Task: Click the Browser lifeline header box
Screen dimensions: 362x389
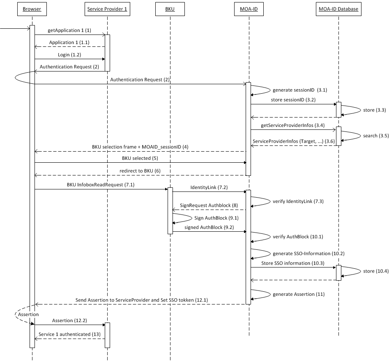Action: pos(32,9)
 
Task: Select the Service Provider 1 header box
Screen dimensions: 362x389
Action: pos(107,9)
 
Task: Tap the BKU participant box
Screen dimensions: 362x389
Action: pos(170,9)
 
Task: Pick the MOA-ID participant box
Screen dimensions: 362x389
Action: pos(249,9)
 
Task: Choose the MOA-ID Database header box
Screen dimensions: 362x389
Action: pos(339,9)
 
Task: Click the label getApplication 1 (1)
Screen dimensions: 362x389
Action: pos(69,30)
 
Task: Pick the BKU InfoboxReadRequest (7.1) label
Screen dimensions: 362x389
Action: pos(100,185)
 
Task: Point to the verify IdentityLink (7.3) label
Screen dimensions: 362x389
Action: pos(298,201)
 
